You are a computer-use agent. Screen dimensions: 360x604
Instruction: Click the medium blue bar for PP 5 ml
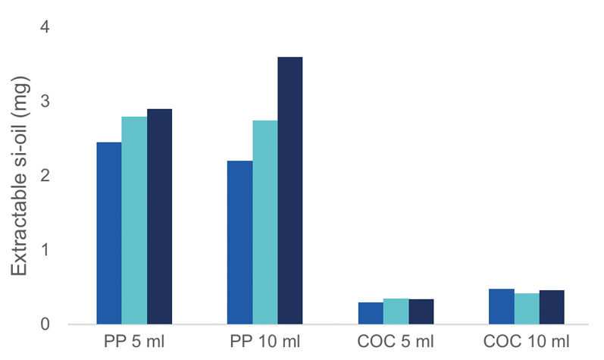[x=109, y=233]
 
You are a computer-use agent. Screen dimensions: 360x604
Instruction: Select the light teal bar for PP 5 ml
[x=134, y=221]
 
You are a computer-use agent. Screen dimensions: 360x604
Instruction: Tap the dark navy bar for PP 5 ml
[x=160, y=217]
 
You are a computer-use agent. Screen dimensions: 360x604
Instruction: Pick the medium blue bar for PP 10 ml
[x=240, y=243]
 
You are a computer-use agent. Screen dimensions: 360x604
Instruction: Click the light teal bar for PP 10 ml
[x=265, y=222]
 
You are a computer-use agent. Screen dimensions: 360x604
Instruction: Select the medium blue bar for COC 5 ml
[x=371, y=313]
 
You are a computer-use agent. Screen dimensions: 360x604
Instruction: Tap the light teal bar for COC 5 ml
[x=396, y=311]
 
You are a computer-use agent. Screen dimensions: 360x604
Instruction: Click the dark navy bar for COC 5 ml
[x=421, y=311]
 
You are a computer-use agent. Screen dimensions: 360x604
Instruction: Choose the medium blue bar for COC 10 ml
[x=501, y=306]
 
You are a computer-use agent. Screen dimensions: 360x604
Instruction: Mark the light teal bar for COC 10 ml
[x=526, y=308]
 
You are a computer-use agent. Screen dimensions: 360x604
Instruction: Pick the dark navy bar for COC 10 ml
[x=551, y=307]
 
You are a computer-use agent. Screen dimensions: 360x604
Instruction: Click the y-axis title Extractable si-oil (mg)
[x=18, y=176]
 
